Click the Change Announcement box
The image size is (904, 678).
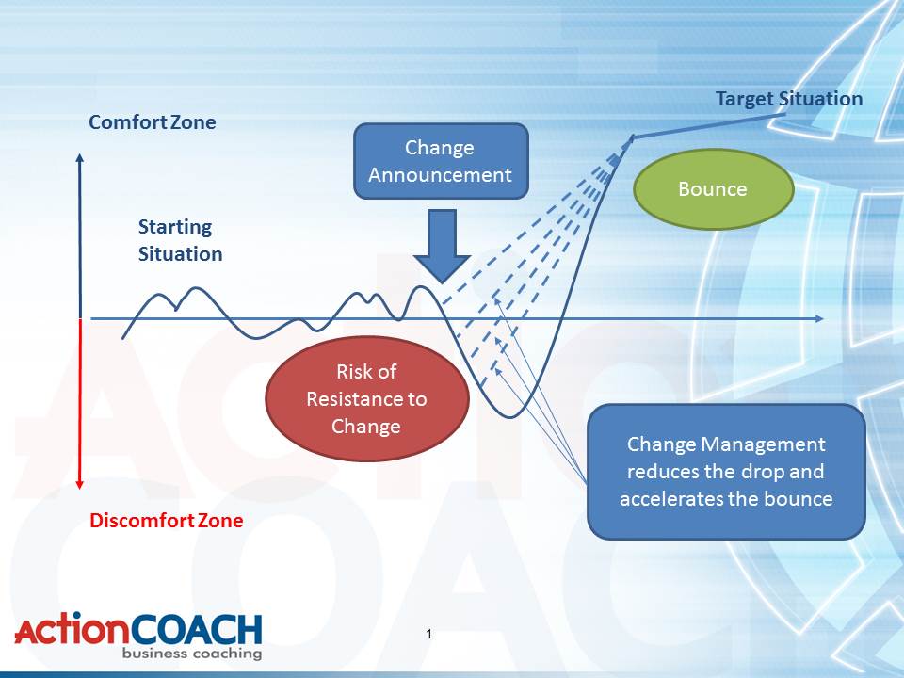441,161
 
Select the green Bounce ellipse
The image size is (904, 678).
713,189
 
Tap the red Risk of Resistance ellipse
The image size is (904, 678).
366,399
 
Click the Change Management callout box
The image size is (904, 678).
726,472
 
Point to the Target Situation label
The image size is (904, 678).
789,99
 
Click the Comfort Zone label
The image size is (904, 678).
153,122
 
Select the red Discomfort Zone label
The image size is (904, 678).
166,521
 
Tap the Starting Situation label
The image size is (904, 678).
180,240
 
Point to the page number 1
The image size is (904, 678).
429,634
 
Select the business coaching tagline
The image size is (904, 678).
192,654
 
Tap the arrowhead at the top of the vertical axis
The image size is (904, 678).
80,157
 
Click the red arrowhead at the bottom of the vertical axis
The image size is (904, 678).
80,485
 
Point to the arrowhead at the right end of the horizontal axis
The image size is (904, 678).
819,319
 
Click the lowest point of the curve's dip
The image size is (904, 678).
510,416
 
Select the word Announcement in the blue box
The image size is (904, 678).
440,175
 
